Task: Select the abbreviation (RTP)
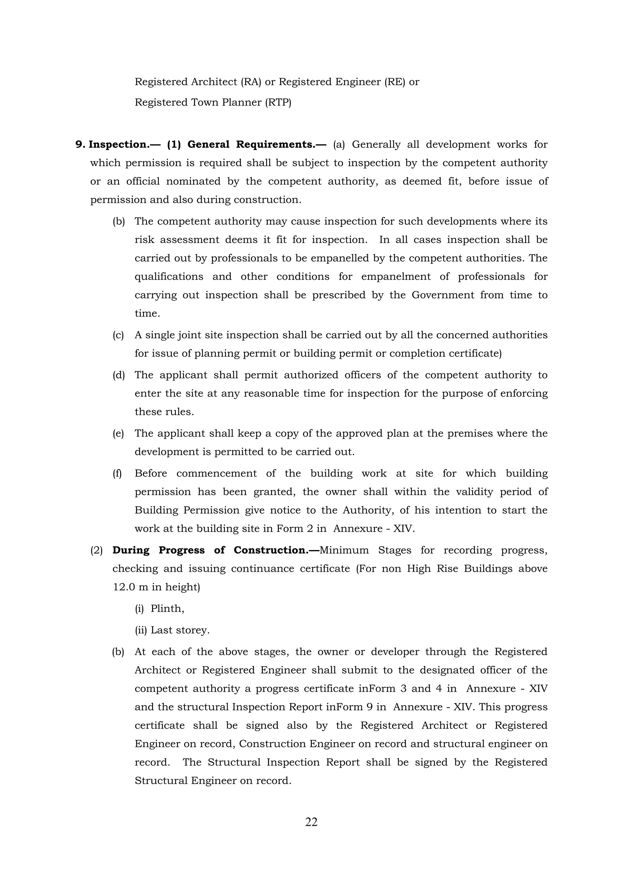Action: coord(278,102)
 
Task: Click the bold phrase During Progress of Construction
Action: coord(216,550)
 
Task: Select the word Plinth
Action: coord(167,609)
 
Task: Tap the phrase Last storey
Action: coord(180,630)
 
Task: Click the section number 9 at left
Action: coord(79,145)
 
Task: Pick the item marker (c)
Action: coord(118,335)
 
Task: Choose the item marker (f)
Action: coord(117,473)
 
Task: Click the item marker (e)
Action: coord(118,434)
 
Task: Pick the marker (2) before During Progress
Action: coord(96,550)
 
